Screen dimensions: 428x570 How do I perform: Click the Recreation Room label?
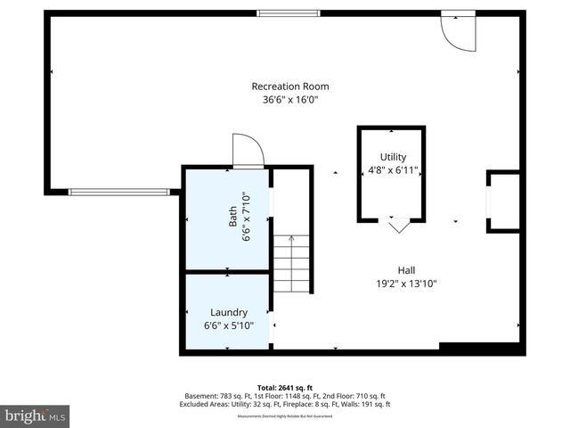290,86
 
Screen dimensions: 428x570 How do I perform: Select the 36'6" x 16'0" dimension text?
290,101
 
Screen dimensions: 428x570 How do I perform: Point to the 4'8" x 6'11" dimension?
393,170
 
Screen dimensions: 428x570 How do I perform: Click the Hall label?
406,270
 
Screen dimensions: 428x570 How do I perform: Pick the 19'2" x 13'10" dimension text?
406,284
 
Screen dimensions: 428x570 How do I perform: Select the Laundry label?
228,312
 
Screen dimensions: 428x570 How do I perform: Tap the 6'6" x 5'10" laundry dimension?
228,326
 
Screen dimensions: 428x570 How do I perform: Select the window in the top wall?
288,12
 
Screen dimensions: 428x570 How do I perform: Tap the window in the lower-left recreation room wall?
118,191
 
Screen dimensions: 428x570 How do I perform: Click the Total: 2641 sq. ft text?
284,388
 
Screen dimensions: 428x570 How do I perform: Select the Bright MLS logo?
36,416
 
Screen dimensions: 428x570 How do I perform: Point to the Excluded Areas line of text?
284,403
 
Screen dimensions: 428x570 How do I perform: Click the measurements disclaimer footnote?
284,416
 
